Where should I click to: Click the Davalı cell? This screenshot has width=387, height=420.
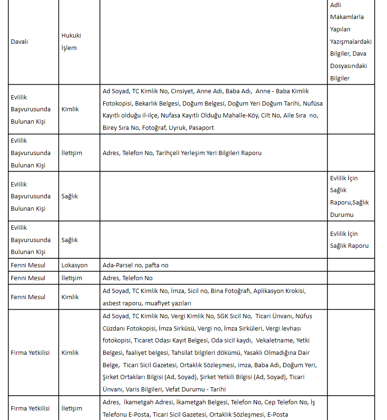20,42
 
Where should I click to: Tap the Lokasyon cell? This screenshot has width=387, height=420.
74,265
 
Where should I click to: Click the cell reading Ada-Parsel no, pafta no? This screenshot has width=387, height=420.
136,265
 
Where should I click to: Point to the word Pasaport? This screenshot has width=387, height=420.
201,128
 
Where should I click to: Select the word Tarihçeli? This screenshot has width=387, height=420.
169,153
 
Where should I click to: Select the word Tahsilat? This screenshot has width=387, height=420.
184,353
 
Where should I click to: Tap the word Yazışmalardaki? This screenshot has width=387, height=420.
351,41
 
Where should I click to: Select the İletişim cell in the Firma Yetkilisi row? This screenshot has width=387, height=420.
72,408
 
